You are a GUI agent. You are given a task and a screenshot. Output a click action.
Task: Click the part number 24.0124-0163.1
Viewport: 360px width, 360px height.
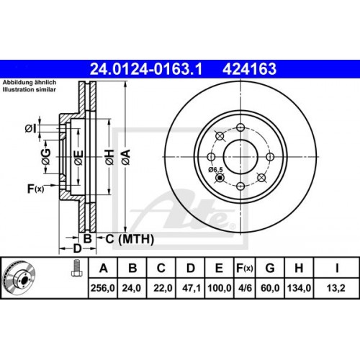tap(146, 69)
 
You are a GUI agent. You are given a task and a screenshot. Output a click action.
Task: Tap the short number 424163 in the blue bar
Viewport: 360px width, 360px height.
tap(250, 69)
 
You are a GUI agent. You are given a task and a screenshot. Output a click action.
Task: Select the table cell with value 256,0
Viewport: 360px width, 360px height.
tap(103, 288)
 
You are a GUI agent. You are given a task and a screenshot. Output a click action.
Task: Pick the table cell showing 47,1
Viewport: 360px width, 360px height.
tap(190, 288)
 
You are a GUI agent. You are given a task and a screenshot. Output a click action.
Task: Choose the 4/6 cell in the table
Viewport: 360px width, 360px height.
tap(245, 288)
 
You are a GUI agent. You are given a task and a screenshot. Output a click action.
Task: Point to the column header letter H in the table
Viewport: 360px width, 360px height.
tap(299, 268)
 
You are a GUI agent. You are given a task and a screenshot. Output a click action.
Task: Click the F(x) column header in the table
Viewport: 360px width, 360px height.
tap(245, 268)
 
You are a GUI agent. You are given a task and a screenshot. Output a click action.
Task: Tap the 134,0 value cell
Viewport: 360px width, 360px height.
tap(299, 288)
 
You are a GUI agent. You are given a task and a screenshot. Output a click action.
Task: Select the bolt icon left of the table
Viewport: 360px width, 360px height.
tap(75, 268)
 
